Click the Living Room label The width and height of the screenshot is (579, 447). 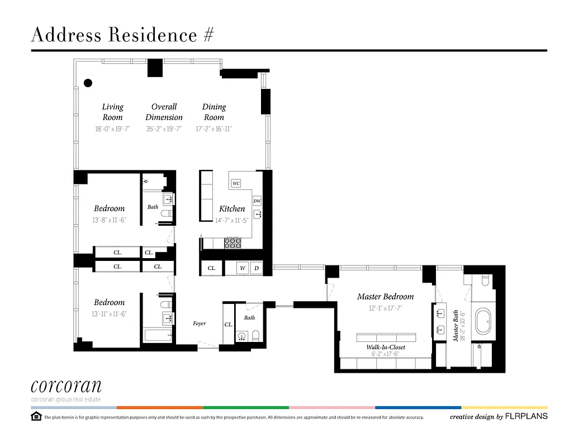112,112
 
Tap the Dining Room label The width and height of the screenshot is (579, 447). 214,112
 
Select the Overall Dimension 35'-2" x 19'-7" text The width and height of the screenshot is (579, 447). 164,129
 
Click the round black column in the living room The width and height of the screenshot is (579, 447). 88,83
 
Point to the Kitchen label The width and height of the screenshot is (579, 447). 232,208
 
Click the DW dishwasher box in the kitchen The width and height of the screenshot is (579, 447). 257,201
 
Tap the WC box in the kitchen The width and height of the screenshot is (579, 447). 236,183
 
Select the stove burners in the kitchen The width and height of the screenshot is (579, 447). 232,243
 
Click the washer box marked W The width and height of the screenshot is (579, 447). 243,268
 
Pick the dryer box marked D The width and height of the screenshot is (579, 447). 257,268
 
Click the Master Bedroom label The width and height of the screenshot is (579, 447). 385,297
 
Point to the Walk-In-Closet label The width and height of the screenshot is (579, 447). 386,347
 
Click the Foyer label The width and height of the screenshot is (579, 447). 200,324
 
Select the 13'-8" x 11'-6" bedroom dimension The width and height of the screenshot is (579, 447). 110,220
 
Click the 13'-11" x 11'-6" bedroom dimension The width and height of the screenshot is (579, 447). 110,314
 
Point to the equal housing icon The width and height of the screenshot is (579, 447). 36,416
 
